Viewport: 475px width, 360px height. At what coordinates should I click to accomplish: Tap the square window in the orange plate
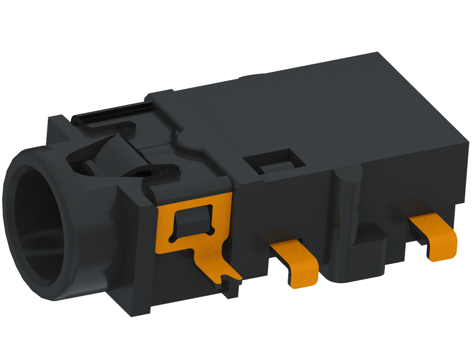(191, 219)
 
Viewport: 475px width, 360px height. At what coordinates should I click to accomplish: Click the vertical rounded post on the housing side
(350, 198)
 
